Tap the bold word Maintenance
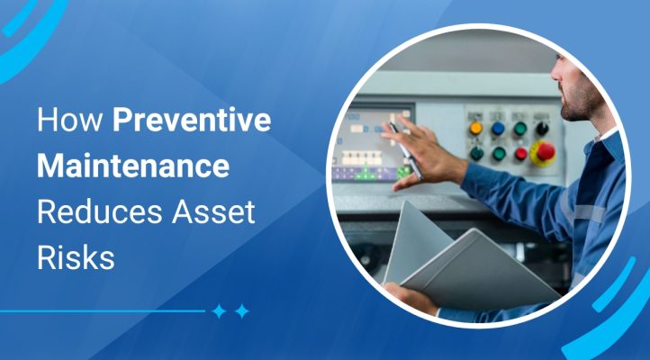click(132, 168)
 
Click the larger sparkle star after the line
click(220, 311)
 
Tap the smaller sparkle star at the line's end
click(241, 311)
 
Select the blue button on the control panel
click(498, 130)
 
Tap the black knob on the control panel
click(542, 129)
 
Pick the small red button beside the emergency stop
click(519, 153)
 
